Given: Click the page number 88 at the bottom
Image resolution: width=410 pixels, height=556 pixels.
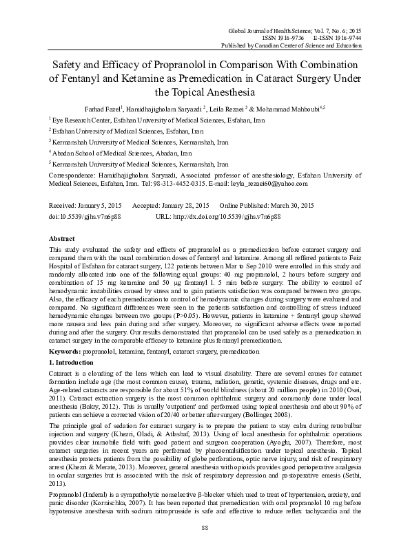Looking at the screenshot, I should pyautogui.click(x=205, y=545).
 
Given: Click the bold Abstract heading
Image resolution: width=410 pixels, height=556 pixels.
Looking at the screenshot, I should pyautogui.click(x=62, y=237).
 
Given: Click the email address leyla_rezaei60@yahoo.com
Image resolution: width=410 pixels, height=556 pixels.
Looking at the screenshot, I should pyautogui.click(x=269, y=184).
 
